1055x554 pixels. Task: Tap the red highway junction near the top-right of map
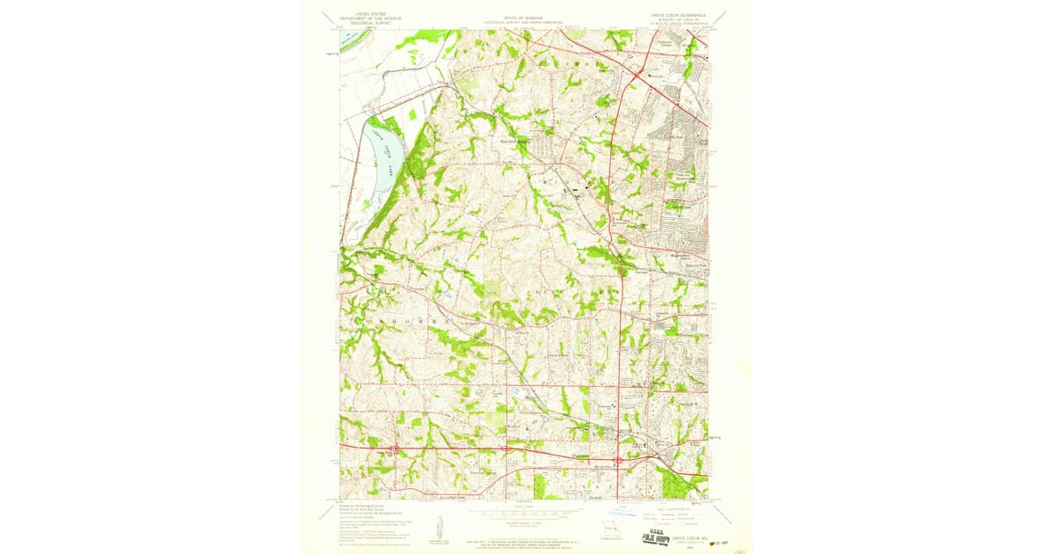pos(636,77)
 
